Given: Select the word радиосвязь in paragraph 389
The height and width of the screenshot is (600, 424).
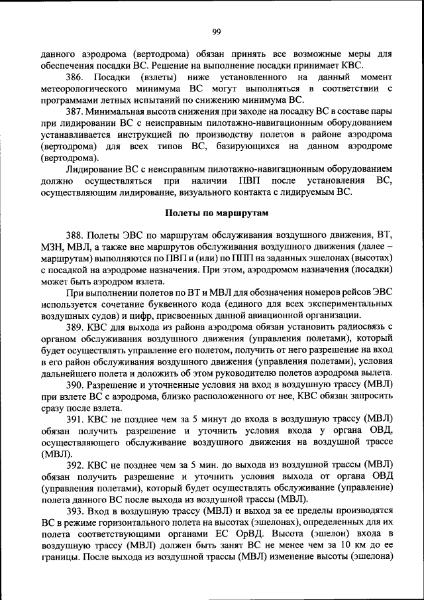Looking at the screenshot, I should point(360,327).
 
